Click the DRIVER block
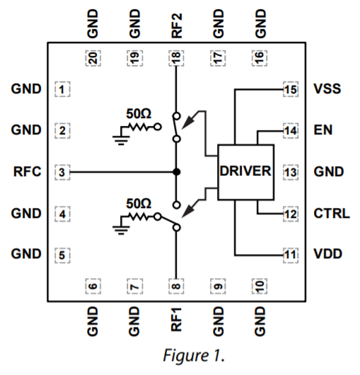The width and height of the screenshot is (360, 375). click(x=245, y=172)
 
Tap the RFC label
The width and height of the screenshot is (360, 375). click(x=28, y=172)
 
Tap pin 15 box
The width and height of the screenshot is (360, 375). click(x=289, y=90)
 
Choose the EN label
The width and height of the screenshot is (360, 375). click(x=322, y=131)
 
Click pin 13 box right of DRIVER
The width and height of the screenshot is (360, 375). click(x=289, y=172)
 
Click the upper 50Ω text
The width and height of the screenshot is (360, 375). click(x=139, y=113)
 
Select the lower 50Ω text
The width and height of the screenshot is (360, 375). click(x=139, y=203)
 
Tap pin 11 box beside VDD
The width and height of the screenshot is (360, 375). click(x=289, y=254)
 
